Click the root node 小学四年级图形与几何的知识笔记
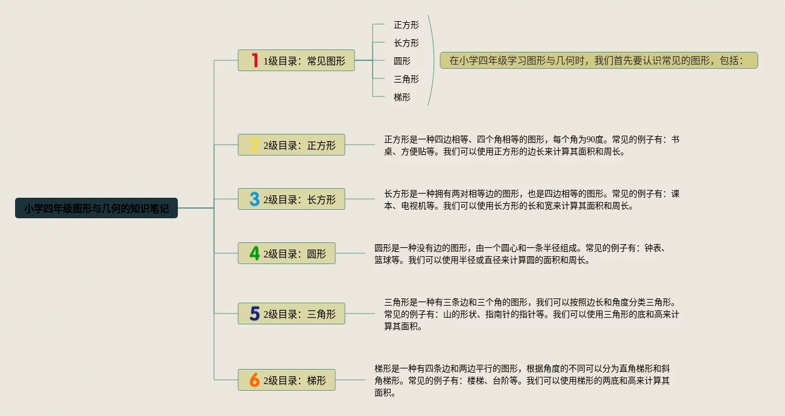(x=96, y=208)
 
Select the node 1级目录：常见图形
(x=296, y=60)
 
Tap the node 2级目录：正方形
(x=291, y=145)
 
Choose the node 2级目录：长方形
(x=291, y=199)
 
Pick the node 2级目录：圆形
(x=286, y=253)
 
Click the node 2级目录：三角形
(x=291, y=314)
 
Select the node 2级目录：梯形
(x=286, y=380)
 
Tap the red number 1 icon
(x=254, y=60)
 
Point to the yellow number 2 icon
(x=254, y=145)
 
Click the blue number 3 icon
(x=254, y=199)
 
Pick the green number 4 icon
(x=254, y=253)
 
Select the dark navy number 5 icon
(x=254, y=314)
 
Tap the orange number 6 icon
(x=254, y=380)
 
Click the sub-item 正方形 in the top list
(x=406, y=25)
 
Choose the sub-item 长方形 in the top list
(x=406, y=43)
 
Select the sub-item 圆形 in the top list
(x=402, y=61)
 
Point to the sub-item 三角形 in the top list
(x=406, y=79)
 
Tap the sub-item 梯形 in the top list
(x=402, y=96)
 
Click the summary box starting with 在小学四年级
(x=598, y=60)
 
